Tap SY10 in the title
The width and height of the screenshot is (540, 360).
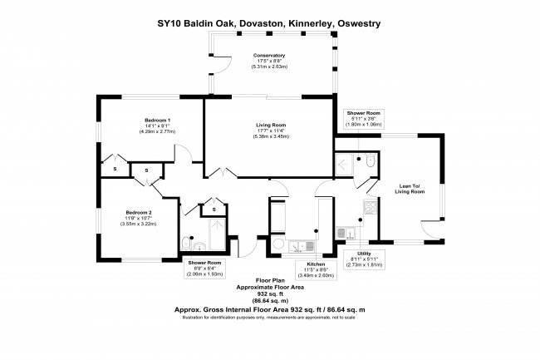pos(171,24)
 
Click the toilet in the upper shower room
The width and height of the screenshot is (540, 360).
pos(369,159)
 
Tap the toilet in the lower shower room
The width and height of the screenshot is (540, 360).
pos(192,245)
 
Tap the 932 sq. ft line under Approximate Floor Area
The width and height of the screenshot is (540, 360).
pos(269,293)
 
